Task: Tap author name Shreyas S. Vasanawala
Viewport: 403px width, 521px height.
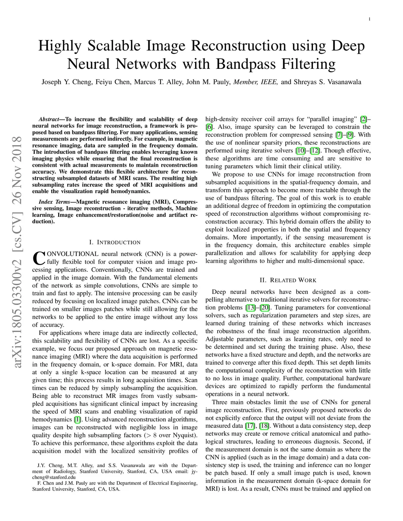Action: click(x=327, y=82)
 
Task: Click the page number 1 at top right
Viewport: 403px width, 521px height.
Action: click(x=370, y=19)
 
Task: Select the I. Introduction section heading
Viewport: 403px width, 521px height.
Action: click(x=115, y=242)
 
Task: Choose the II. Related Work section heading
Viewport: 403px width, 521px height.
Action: click(x=288, y=280)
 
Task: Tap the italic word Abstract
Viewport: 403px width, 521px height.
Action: click(x=48, y=119)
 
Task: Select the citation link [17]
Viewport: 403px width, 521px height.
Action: click(x=250, y=426)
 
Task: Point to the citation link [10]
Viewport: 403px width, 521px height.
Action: click(x=300, y=151)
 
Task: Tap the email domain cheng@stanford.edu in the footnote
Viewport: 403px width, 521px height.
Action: click(x=54, y=477)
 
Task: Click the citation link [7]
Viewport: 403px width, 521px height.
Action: click(x=338, y=135)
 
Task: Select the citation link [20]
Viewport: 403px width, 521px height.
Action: click(x=264, y=307)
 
